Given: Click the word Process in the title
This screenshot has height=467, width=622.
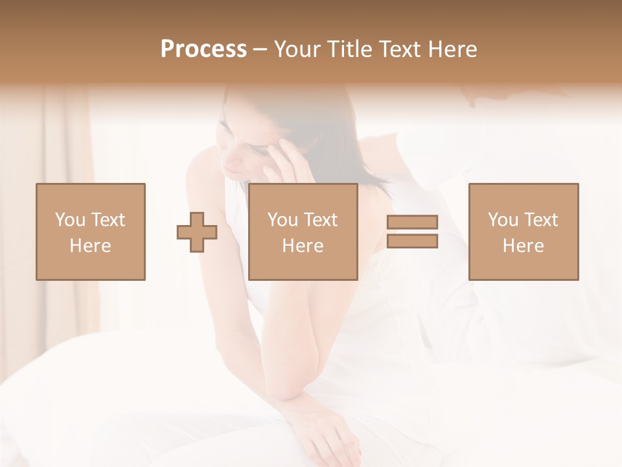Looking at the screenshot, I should point(203,49).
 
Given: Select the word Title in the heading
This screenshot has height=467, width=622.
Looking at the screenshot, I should point(348,49).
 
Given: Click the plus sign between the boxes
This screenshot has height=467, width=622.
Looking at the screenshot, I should point(197,232).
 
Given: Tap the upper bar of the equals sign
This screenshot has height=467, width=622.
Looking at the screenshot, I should point(412,222).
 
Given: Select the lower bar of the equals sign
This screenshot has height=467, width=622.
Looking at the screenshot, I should point(412,241).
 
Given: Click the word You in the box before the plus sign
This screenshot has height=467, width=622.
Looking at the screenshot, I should point(70,220).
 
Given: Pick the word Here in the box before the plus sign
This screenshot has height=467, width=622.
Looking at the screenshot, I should point(90,246).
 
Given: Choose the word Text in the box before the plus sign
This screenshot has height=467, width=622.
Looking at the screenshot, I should point(107,220).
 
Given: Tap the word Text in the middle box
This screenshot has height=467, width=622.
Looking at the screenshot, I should point(320,220).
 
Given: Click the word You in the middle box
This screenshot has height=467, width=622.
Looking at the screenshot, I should point(283,220).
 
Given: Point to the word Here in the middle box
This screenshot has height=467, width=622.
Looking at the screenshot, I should point(303,246).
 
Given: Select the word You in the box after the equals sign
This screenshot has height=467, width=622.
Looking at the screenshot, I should point(503,220).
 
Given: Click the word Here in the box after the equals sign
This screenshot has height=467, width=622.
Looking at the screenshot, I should point(523,246).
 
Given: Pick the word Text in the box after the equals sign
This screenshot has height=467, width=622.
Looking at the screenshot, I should point(540,220).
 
